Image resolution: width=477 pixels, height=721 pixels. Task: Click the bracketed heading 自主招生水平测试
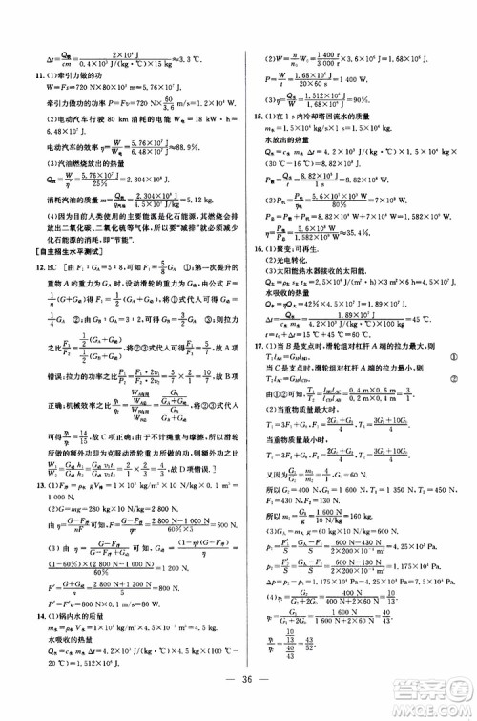pyautogui.click(x=66, y=225)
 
